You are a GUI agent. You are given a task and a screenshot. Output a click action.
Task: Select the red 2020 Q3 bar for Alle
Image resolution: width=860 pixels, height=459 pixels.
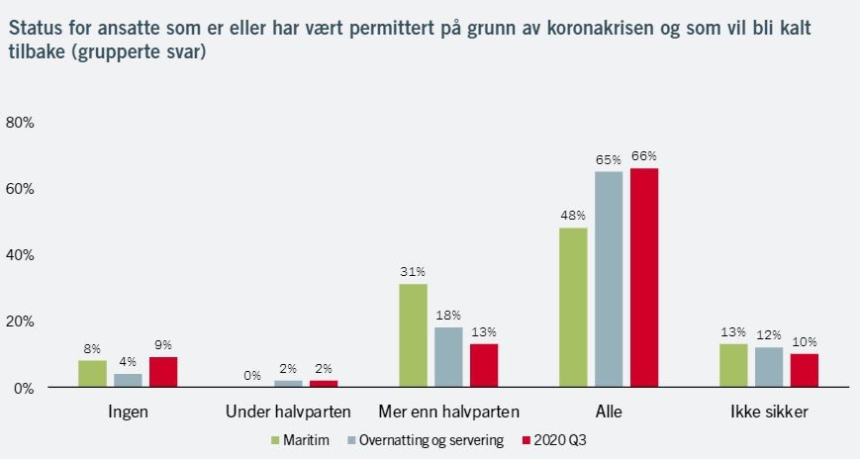click(x=644, y=277)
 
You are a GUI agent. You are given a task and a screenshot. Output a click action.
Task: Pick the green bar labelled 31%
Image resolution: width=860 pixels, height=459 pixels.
click(x=413, y=335)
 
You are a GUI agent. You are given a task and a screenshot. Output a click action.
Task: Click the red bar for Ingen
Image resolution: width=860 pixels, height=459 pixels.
click(x=163, y=372)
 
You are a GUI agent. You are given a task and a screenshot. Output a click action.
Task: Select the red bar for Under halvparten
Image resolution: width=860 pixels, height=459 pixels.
click(x=324, y=384)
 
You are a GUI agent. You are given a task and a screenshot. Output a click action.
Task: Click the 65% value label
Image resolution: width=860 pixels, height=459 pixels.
click(x=609, y=159)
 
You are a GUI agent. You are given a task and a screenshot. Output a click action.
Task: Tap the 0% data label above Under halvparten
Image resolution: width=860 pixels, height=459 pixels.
click(x=252, y=376)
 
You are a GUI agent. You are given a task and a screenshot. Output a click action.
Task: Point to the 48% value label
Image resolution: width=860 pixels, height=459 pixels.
click(x=573, y=216)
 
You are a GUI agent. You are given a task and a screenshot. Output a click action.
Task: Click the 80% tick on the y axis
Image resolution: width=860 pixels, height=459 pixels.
click(x=21, y=123)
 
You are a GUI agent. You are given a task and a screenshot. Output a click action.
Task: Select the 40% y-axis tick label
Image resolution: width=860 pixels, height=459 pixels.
click(x=21, y=255)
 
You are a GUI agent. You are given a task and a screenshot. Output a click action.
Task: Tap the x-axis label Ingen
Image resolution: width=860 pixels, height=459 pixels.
click(x=128, y=412)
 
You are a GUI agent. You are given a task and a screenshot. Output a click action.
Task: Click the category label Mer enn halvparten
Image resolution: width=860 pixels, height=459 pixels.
click(x=448, y=412)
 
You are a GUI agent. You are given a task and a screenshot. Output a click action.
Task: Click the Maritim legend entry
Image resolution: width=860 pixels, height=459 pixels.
click(x=305, y=439)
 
